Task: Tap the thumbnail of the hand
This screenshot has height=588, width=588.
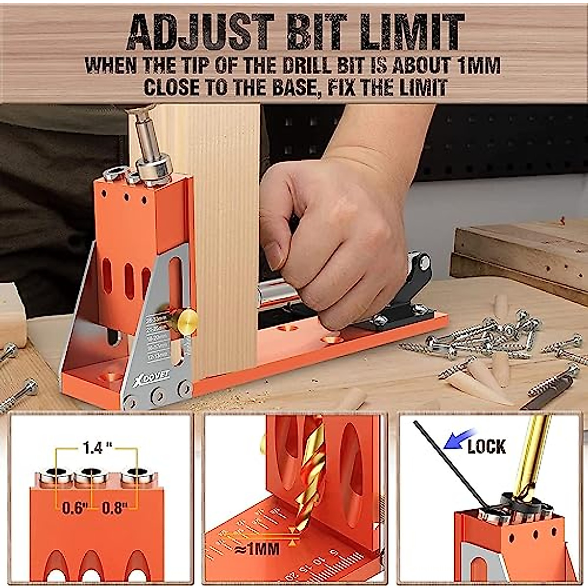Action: (x=272, y=254)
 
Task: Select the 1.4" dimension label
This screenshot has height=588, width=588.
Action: (x=96, y=448)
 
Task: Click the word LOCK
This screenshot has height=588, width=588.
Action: (x=486, y=446)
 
